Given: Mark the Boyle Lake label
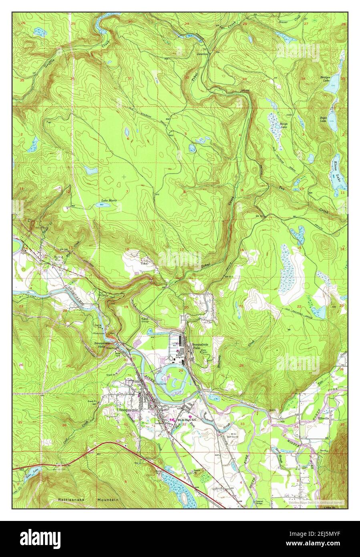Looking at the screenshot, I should [x=323, y=120].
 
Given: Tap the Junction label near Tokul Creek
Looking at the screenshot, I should [x=202, y=53].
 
